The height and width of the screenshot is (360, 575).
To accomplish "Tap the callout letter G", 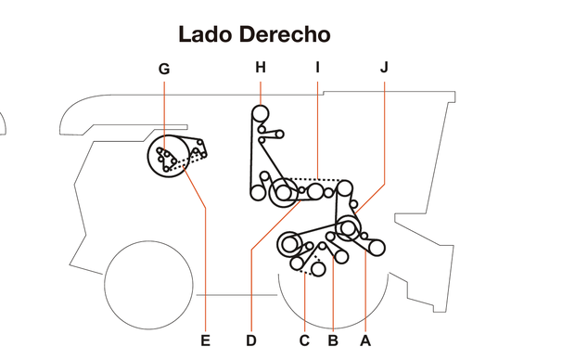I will pos(164,68).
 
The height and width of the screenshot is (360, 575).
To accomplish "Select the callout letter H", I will pos(260,67).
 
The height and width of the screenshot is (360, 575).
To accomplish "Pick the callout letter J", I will pos(384,67).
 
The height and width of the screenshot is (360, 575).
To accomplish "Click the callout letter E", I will pos(206,341).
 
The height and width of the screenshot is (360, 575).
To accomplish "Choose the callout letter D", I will pos(251,341).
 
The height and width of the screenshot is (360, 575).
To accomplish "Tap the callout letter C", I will pos(304,341).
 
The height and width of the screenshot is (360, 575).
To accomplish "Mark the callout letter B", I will pos(332,341).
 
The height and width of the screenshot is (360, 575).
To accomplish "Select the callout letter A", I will pos(364,341).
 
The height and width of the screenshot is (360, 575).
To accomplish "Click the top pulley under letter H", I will pos(260,114).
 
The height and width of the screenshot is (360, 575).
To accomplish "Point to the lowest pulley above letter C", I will pos(318,269).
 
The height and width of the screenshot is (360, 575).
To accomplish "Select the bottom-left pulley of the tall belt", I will pos(257,193).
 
